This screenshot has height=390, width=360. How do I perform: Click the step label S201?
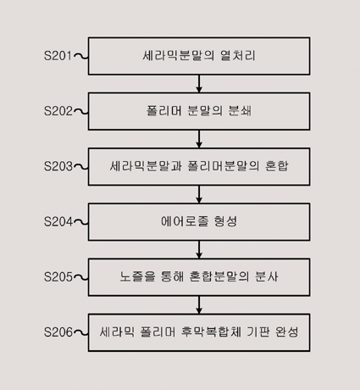[x=58, y=56]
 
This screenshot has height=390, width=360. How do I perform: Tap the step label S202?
[x=58, y=111]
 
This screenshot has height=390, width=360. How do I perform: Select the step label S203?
[x=58, y=166]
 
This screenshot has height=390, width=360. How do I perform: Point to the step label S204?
[x=58, y=222]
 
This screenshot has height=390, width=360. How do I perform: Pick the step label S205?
[x=58, y=277]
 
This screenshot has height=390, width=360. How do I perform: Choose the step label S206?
[x=58, y=332]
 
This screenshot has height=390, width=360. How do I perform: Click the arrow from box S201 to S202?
[x=199, y=84]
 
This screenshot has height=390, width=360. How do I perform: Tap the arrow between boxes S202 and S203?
[x=199, y=139]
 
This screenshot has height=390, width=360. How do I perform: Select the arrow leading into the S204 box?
[x=199, y=194]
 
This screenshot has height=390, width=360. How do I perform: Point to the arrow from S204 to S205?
[x=199, y=249]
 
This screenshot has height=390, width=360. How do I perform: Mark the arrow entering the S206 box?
[x=199, y=305]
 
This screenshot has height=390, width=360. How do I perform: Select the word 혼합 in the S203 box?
[x=277, y=166]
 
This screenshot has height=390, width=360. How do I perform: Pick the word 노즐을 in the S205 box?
[x=137, y=276]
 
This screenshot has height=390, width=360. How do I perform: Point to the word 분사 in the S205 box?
[x=267, y=276]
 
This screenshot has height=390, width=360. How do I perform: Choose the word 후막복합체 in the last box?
[x=211, y=332]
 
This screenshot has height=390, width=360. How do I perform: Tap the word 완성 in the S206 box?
[x=286, y=332]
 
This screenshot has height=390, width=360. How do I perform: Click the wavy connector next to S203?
[x=80, y=167]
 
